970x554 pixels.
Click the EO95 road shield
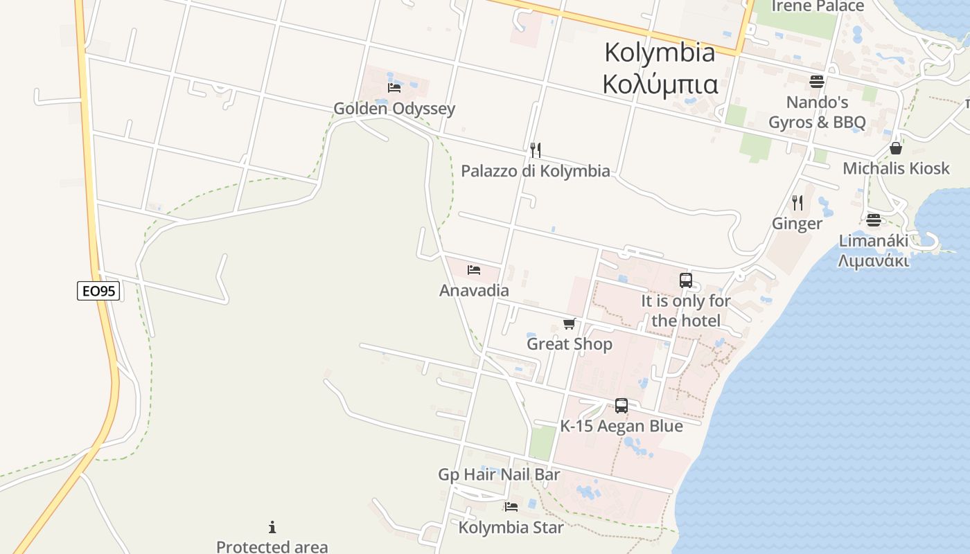tap(98, 291)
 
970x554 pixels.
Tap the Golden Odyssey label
tap(394, 109)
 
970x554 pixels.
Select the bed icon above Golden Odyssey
tap(394, 88)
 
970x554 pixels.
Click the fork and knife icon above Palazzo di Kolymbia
tap(535, 150)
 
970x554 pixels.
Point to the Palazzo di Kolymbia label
tap(536, 171)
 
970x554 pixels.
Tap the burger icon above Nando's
tap(817, 82)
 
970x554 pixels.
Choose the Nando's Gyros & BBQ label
tap(817, 113)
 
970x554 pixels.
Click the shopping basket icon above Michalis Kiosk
tap(896, 148)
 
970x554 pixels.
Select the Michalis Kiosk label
tap(896, 168)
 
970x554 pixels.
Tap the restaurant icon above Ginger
tap(797, 203)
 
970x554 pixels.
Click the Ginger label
tap(797, 224)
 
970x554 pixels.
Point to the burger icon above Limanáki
tap(873, 220)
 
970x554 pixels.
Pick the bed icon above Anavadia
tap(474, 270)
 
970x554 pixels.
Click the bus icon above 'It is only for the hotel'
tap(686, 280)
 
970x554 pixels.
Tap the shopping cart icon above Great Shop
tap(570, 323)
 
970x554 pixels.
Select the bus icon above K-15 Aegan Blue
tap(621, 406)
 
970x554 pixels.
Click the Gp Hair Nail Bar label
tap(499, 475)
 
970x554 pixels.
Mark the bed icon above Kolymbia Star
tap(511, 507)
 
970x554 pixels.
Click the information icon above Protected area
tap(272, 528)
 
